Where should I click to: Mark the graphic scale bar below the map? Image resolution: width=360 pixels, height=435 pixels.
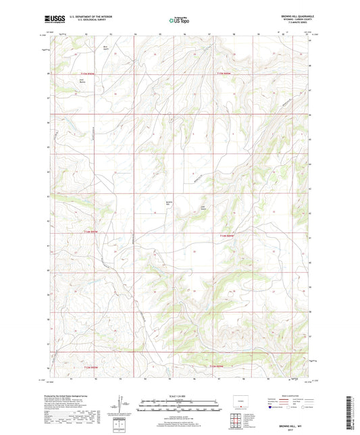point(179,407)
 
